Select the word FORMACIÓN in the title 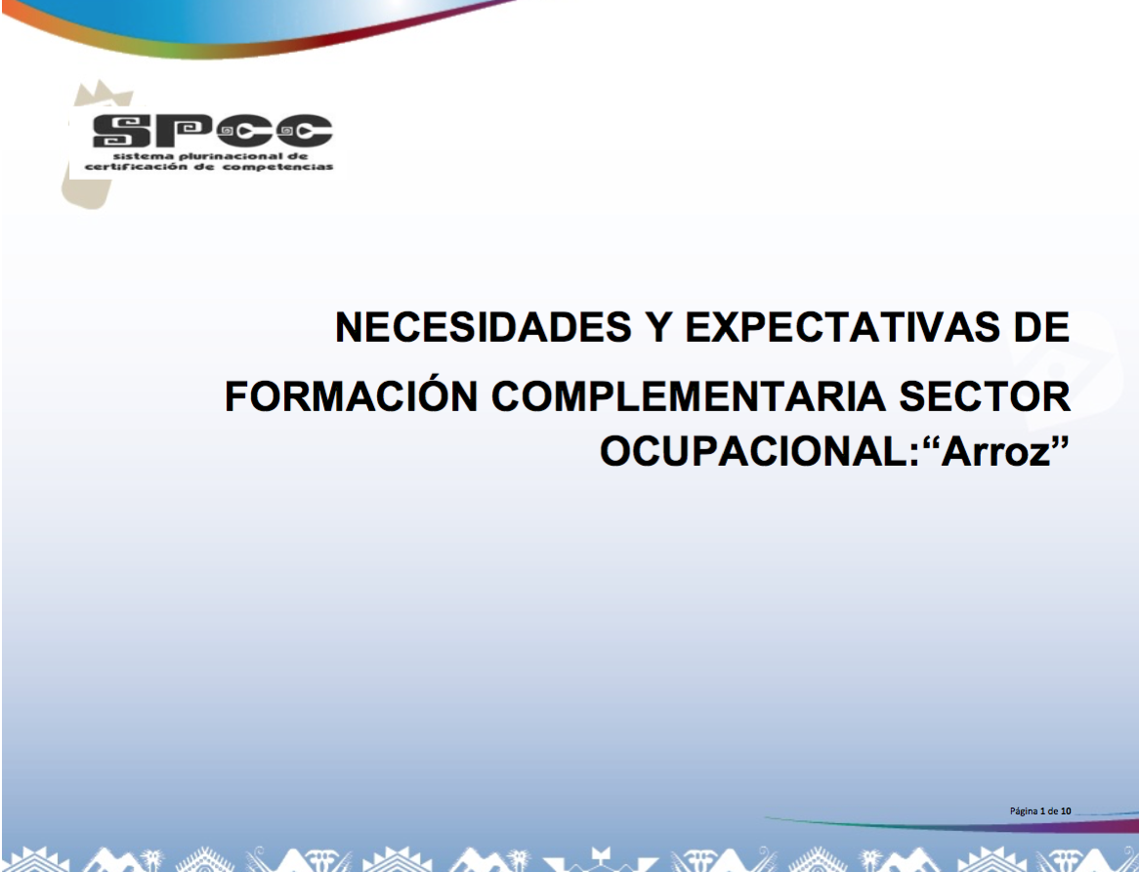351,396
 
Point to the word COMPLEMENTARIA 689,396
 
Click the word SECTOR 985,396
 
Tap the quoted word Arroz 997,451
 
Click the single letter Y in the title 658,327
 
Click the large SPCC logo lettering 212,131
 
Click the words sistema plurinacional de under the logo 211,156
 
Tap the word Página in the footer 1024,811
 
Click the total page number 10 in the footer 1066,810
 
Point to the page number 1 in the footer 1043,810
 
